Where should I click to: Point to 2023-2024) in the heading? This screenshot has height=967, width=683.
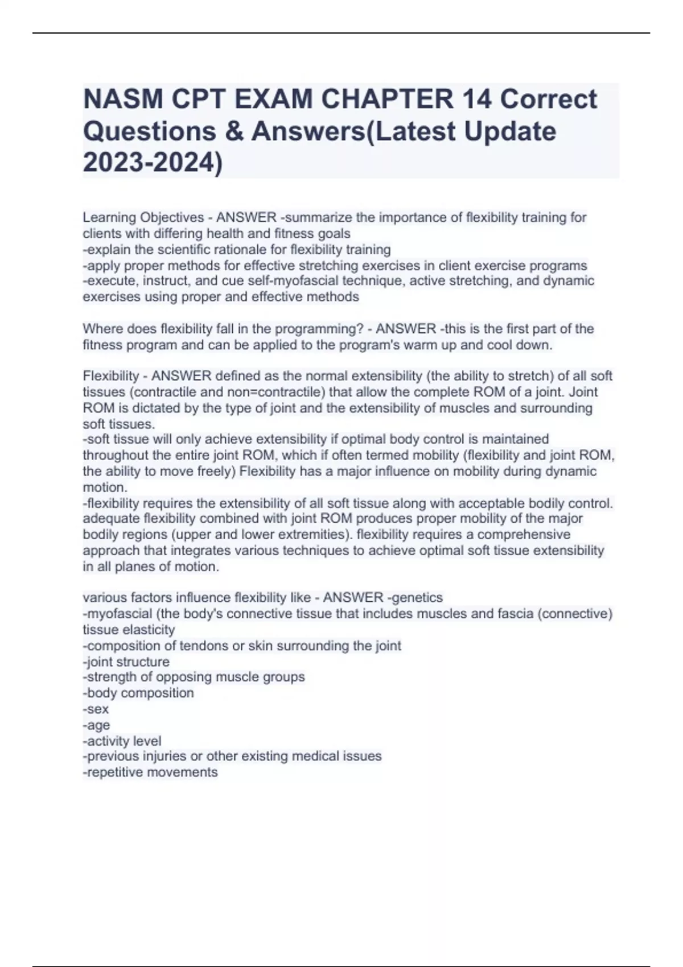[153, 163]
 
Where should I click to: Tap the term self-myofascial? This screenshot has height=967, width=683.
[289, 281]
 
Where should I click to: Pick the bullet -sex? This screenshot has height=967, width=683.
[96, 709]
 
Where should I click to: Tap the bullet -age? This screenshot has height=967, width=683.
[96, 725]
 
